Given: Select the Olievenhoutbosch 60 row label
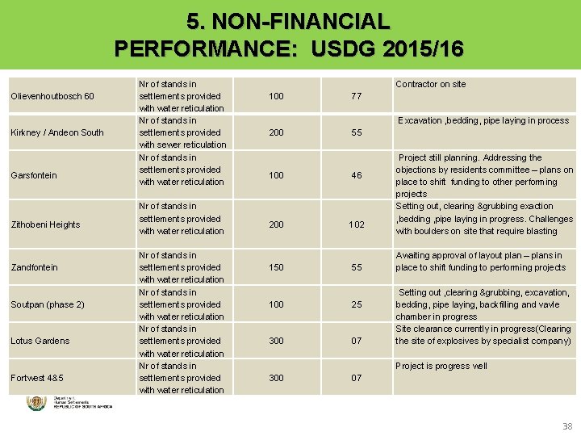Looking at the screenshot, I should pyautogui.click(x=52, y=96).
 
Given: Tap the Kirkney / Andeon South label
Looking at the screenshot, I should pyautogui.click(x=56, y=132).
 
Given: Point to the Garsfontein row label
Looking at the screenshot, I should pyautogui.click(x=34, y=175).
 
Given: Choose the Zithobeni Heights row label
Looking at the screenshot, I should pyautogui.click(x=45, y=224).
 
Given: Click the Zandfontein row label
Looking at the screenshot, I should pyautogui.click(x=35, y=267).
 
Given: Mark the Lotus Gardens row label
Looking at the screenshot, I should pyautogui.click(x=40, y=341).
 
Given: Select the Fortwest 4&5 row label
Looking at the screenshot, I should pyautogui.click(x=37, y=378).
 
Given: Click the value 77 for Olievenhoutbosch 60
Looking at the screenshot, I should pyautogui.click(x=356, y=96).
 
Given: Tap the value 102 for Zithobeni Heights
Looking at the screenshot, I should pyautogui.click(x=356, y=225).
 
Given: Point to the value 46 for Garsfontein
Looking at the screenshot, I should pyautogui.click(x=356, y=175).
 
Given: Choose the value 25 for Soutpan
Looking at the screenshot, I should pyautogui.click(x=356, y=304).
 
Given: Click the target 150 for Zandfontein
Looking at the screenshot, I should pyautogui.click(x=276, y=267).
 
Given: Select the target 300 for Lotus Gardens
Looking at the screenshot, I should pyautogui.click(x=276, y=341).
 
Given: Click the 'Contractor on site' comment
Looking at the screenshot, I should pyautogui.click(x=430, y=84).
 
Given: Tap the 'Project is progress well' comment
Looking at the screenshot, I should pyautogui.click(x=441, y=366).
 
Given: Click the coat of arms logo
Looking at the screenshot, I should pyautogui.click(x=36, y=403).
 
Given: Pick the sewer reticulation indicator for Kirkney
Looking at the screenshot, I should pyautogui.click(x=182, y=132).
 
